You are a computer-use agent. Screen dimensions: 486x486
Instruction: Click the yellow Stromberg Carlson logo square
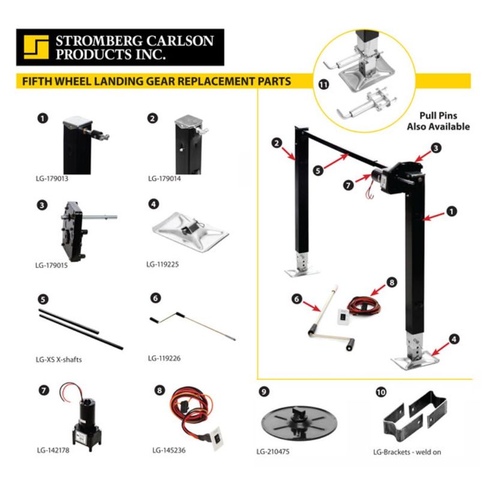point(36,47)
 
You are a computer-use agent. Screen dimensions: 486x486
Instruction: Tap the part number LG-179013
point(52,179)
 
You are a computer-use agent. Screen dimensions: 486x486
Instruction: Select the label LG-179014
point(164,179)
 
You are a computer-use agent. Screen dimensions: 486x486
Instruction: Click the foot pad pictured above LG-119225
point(190,231)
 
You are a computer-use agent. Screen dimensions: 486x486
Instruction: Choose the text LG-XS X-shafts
point(59,359)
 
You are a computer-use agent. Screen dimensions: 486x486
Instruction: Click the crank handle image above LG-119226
point(192,325)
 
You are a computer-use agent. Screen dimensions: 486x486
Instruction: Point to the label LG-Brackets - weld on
point(407,452)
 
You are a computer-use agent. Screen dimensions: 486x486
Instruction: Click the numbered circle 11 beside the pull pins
point(323,85)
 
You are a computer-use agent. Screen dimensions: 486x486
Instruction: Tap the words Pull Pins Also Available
point(438,121)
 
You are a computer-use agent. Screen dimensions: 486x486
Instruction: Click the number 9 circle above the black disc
point(264,391)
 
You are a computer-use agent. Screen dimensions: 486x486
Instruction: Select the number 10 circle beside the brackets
point(381,392)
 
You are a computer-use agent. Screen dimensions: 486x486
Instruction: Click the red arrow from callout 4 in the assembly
point(440,349)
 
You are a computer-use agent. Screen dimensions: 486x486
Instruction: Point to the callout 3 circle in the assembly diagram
point(436,148)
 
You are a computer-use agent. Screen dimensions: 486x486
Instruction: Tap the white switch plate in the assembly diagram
point(343,317)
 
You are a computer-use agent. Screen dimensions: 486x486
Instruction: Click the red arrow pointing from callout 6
point(311,306)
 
